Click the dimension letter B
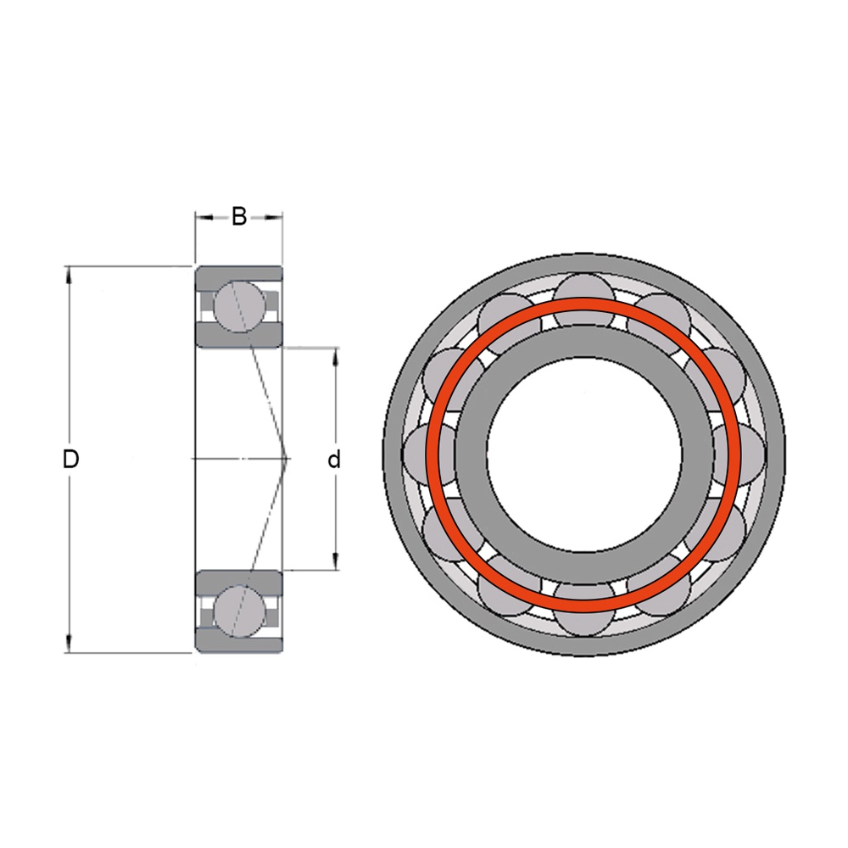point(239,216)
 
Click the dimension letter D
point(71,459)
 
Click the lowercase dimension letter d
point(334,459)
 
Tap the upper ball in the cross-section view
point(240,307)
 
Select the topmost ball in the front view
point(583,299)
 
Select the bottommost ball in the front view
point(583,609)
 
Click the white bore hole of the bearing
point(583,454)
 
